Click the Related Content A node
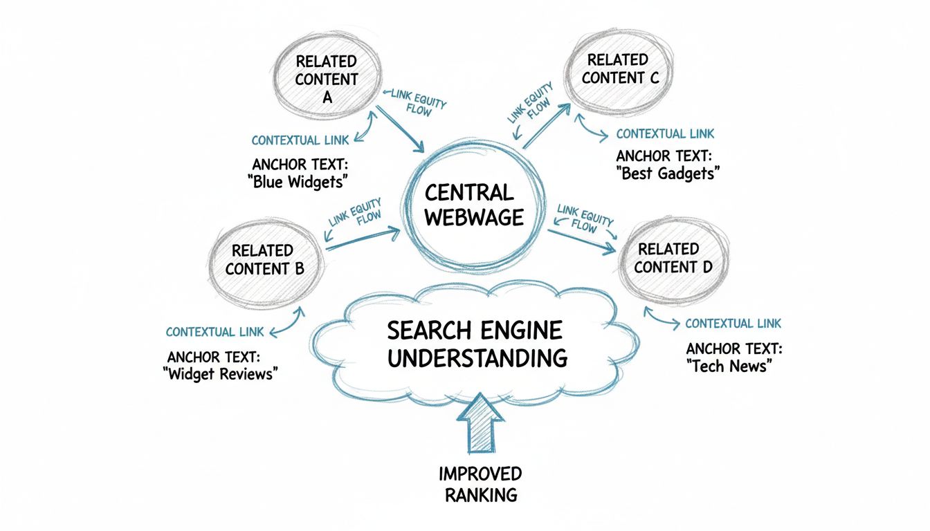[x=327, y=78]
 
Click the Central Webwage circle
[x=473, y=205]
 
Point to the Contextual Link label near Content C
[x=665, y=133]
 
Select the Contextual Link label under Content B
[x=215, y=332]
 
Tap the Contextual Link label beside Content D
[x=733, y=324]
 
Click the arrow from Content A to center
[x=399, y=129]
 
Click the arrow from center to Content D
[x=581, y=239]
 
